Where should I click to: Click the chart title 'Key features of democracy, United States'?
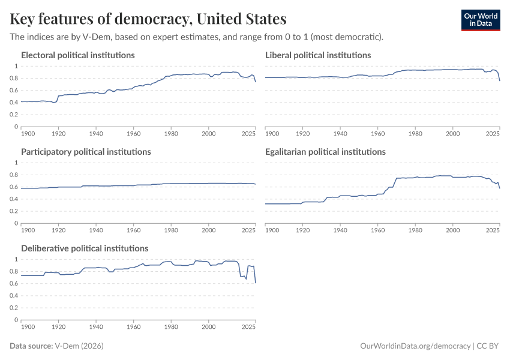[148, 19]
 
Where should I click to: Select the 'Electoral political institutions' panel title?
[77, 55]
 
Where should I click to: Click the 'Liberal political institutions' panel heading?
[318, 55]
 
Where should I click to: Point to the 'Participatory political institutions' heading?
[86, 152]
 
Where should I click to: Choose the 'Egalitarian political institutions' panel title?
[325, 152]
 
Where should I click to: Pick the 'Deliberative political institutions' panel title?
[85, 248]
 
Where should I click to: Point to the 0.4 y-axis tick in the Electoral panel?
[14, 103]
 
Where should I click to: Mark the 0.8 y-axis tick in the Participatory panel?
[14, 175]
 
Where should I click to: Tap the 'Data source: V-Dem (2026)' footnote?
[61, 346]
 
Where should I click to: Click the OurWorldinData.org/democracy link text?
[415, 346]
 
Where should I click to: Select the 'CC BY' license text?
[489, 346]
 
